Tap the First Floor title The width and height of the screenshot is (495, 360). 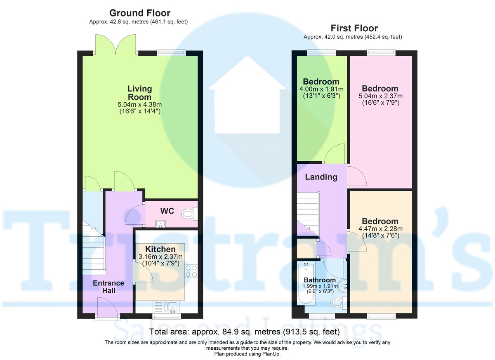pyautogui.click(x=354, y=28)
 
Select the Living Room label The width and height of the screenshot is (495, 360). pyautogui.click(x=139, y=92)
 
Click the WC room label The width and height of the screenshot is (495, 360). pyautogui.click(x=167, y=211)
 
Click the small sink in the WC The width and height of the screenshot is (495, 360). pyautogui.click(x=159, y=224)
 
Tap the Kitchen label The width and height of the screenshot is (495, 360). pyautogui.click(x=160, y=249)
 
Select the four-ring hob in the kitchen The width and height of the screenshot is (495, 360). pyautogui.click(x=191, y=271)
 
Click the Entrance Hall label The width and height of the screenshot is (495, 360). pyautogui.click(x=108, y=287)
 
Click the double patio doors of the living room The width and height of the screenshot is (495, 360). pyautogui.click(x=116, y=45)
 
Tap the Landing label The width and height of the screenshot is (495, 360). pyautogui.click(x=321, y=177)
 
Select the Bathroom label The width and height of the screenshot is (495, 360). pyautogui.click(x=320, y=280)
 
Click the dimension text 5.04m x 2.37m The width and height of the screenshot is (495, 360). pyautogui.click(x=380, y=96)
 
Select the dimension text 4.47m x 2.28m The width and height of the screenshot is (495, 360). pyautogui.click(x=380, y=229)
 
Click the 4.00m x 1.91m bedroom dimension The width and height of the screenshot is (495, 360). pyautogui.click(x=321, y=89)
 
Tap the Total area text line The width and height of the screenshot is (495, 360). pyautogui.click(x=244, y=332)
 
